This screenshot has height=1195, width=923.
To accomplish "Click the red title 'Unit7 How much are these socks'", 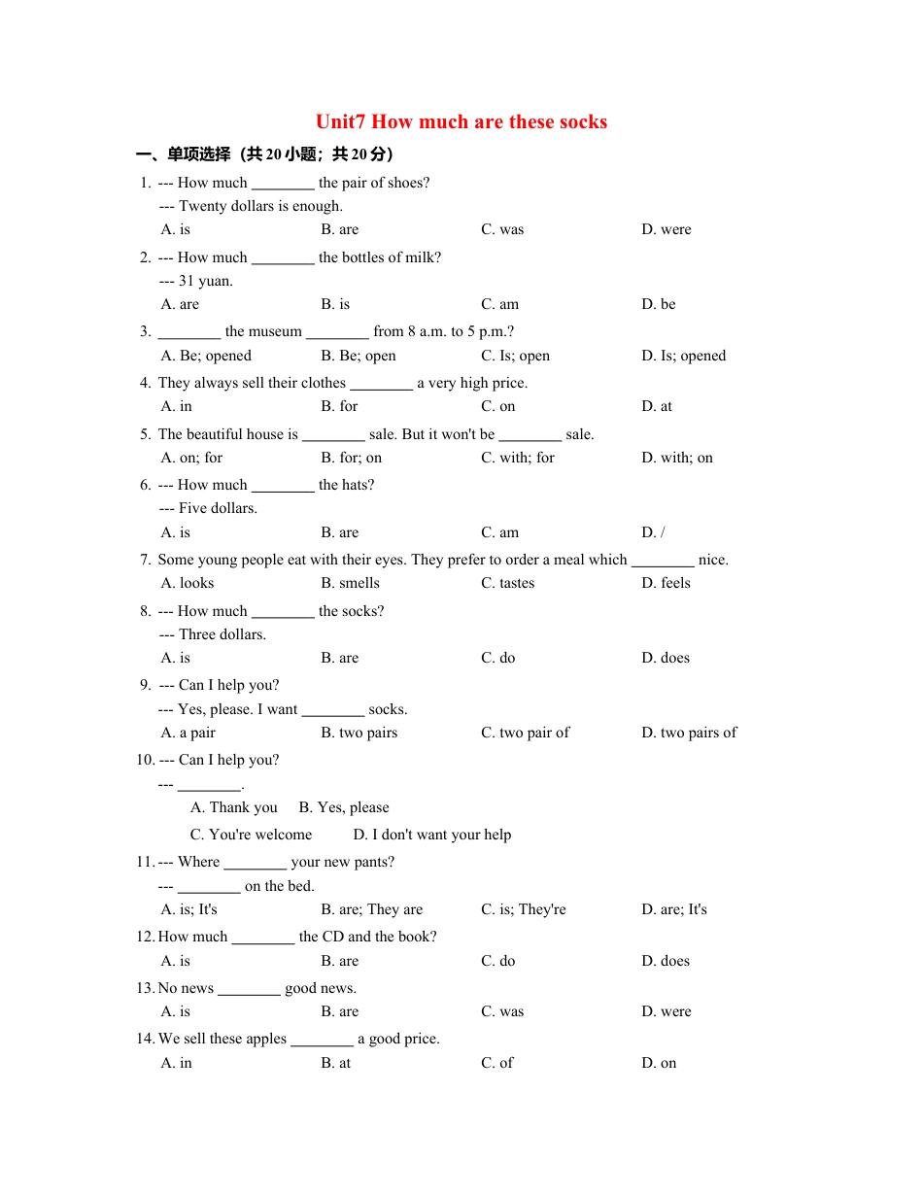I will [461, 122].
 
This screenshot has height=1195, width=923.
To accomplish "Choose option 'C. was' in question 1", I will [502, 230].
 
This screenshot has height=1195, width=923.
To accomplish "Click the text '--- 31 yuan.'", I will [196, 282].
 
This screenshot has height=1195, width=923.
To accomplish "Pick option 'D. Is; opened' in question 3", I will [683, 356].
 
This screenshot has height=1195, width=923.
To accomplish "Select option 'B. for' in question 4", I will [339, 407].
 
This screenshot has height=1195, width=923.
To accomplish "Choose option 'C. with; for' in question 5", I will [518, 459].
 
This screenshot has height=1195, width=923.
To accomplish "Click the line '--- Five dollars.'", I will [208, 509].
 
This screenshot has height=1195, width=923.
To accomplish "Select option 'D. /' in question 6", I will [653, 533].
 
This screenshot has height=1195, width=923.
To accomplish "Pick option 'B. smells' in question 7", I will [350, 584].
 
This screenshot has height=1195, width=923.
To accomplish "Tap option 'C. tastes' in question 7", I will [507, 584].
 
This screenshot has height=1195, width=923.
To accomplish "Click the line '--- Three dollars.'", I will [212, 635].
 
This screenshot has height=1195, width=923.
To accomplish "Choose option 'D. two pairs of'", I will [689, 734].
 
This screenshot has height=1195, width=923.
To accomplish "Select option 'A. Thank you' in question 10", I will [234, 808].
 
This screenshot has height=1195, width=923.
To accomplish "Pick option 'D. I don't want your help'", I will [431, 836].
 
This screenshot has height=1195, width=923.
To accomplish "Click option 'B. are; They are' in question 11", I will [372, 910].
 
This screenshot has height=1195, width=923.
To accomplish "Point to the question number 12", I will [145, 938].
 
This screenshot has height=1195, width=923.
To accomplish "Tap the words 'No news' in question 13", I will [186, 989].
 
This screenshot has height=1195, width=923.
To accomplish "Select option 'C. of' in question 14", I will [496, 1064].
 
